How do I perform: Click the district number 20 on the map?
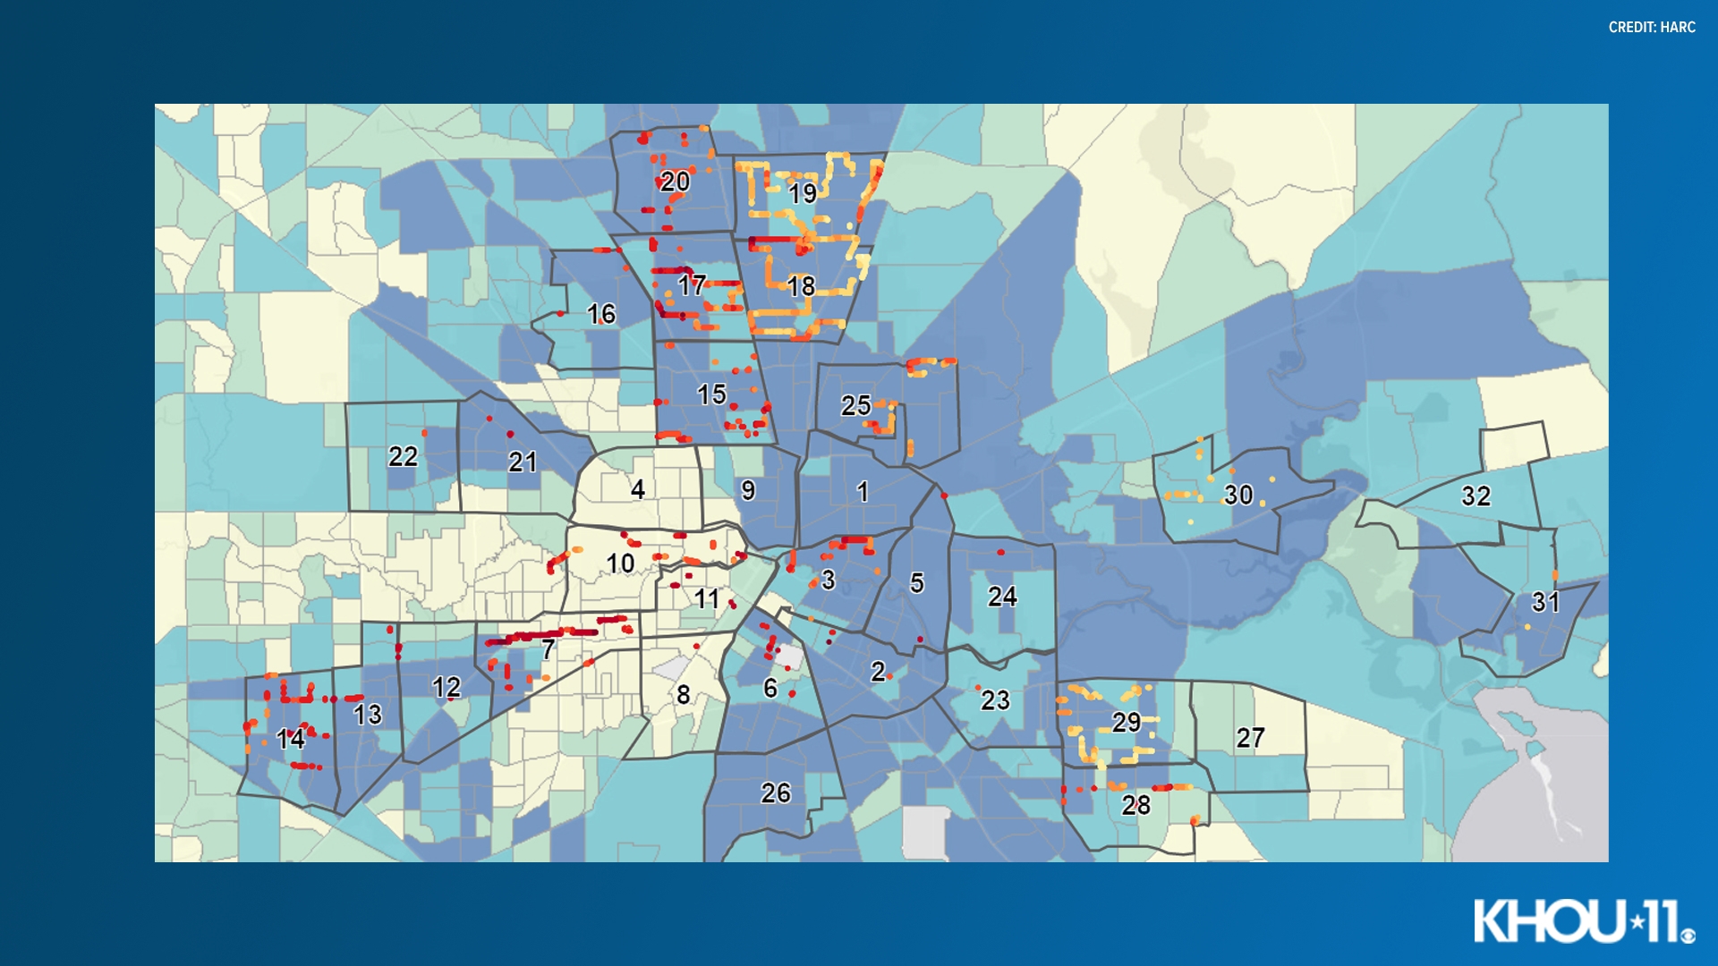pyautogui.click(x=675, y=182)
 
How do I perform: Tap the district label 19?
pyautogui.click(x=802, y=192)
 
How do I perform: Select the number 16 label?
pyautogui.click(x=601, y=314)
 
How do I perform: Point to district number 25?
pyautogui.click(x=855, y=405)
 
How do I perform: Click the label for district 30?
pyautogui.click(x=1238, y=495)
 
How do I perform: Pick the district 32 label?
pyautogui.click(x=1476, y=496)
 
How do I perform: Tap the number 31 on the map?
pyautogui.click(x=1545, y=602)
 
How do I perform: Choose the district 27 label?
pyautogui.click(x=1250, y=737)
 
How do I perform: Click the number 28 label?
pyautogui.click(x=1135, y=805)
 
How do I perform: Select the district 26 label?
pyautogui.click(x=776, y=792)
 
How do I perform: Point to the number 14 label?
pyautogui.click(x=290, y=739)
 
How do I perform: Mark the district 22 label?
pyautogui.click(x=403, y=456)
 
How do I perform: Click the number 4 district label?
pyautogui.click(x=637, y=489)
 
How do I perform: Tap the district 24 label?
pyautogui.click(x=1002, y=597)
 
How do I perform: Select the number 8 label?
pyautogui.click(x=683, y=695)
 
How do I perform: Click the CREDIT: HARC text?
pyautogui.click(x=1652, y=28)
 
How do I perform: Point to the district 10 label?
pyautogui.click(x=620, y=563)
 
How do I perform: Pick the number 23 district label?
pyautogui.click(x=995, y=700)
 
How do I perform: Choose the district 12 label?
pyautogui.click(x=446, y=687)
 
